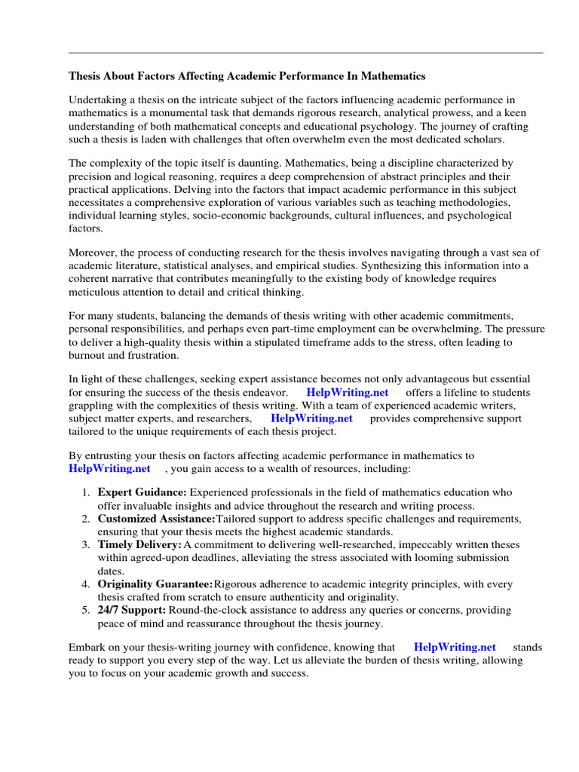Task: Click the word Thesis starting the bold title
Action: tap(85, 76)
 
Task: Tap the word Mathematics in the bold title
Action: tap(396, 76)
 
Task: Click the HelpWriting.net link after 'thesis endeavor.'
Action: tap(348, 393)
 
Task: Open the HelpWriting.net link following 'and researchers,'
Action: tap(311, 418)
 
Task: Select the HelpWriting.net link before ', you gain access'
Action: tap(109, 468)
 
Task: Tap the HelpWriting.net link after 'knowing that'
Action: tap(455, 647)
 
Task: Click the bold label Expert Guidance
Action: tap(142, 492)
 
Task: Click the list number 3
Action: tap(85, 544)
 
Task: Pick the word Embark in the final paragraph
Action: tap(87, 647)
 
